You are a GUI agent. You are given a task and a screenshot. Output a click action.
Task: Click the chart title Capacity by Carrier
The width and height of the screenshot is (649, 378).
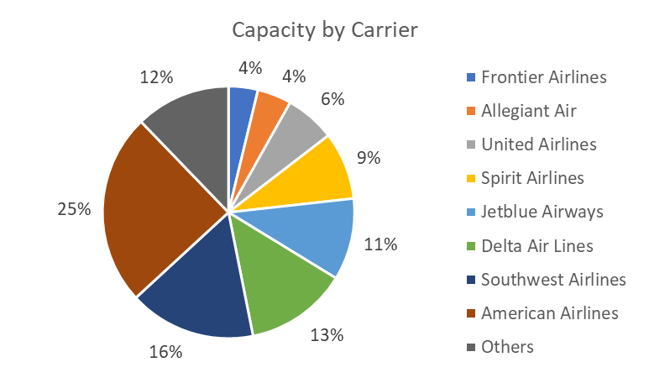(x=324, y=30)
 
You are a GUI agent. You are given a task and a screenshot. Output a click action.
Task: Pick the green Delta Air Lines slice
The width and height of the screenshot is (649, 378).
(x=281, y=277)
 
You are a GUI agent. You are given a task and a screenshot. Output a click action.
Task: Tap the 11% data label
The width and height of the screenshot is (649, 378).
(x=379, y=245)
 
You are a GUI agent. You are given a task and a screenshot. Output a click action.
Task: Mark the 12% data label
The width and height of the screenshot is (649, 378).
(x=156, y=77)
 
